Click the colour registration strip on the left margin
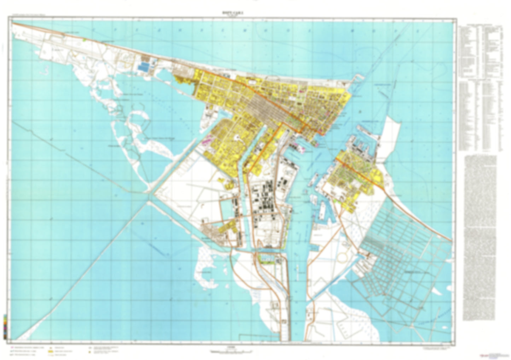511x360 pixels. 4,327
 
